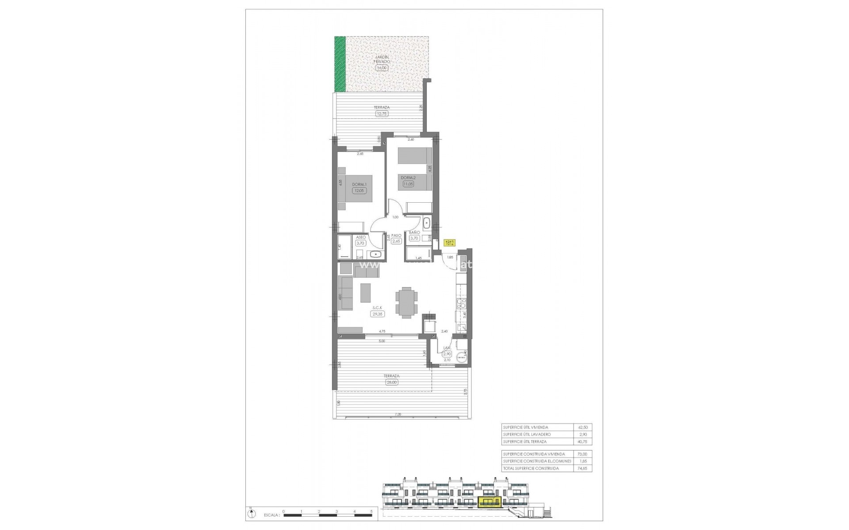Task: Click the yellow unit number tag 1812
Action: [449, 243]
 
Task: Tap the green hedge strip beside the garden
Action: [340, 64]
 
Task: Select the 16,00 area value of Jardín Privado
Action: [381, 68]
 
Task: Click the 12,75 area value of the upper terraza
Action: [382, 114]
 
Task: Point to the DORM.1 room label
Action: [358, 185]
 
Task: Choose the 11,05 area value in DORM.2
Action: [408, 184]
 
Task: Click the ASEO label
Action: [360, 237]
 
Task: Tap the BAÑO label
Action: [414, 232]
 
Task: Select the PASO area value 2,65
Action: [396, 241]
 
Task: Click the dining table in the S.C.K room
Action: [405, 303]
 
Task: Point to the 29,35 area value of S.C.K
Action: [378, 314]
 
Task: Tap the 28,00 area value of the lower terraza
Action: [392, 382]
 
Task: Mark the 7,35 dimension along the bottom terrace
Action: [398, 415]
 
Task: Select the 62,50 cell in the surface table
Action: [582, 428]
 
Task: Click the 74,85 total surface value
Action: [582, 468]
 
